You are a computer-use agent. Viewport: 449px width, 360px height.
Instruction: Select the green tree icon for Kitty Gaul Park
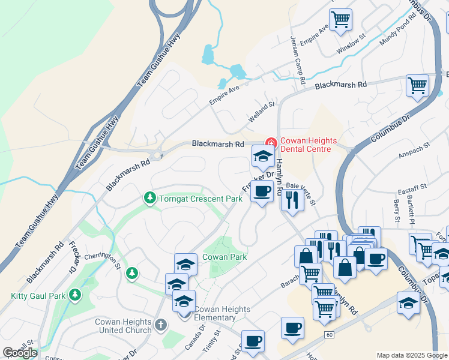[x=75, y=295]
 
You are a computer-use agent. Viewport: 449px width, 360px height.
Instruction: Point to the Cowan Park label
[x=226, y=257]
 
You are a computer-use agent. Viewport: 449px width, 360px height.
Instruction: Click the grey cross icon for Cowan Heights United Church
[x=160, y=325]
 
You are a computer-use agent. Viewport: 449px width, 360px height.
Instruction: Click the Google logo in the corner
[x=20, y=353]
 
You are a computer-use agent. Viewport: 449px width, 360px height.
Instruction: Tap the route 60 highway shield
[x=328, y=333]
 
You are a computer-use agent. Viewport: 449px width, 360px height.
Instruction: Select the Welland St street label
[x=262, y=112]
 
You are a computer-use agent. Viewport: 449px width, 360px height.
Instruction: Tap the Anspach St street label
[x=415, y=150]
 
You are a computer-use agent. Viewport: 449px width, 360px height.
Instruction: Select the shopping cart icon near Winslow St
[x=341, y=19]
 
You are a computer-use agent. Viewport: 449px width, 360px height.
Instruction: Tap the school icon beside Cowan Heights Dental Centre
[x=262, y=157]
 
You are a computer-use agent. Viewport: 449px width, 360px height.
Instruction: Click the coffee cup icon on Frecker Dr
[x=261, y=191]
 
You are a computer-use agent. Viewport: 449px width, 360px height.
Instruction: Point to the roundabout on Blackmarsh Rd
[x=157, y=155]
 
